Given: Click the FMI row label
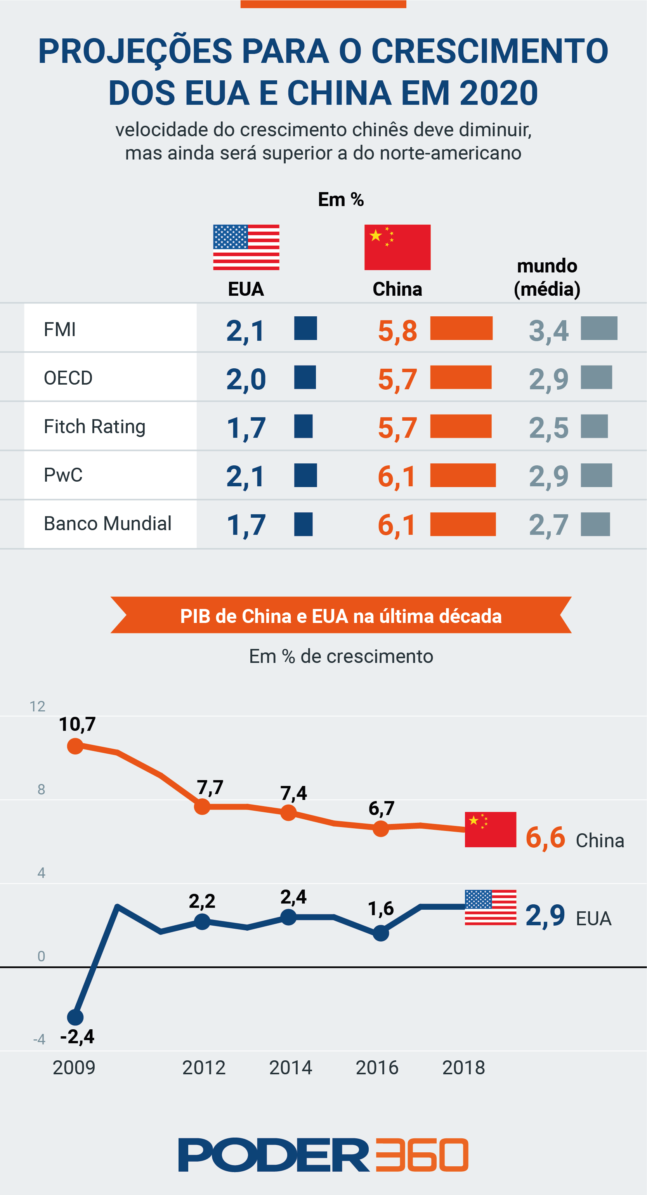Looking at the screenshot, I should pos(60,330).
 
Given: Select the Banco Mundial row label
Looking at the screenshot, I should pos(108,523).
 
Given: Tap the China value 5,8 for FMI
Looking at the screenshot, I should pos(397,331).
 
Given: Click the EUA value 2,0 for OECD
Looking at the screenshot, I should pos(246,379).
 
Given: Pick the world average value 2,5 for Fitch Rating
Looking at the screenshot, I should pos(549,427).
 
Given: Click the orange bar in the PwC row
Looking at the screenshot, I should pos(463,475).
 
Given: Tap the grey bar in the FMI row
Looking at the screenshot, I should pos(599,328).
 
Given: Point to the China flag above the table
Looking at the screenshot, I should pos(397,247).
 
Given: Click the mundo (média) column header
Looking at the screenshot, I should pos(547,278).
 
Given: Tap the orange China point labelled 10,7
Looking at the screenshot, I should pos(75,746).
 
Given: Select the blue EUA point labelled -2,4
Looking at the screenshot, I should pos(75,1017).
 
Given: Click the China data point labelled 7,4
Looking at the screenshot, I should pos(288,812).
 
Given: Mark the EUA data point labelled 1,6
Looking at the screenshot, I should pos(381,933).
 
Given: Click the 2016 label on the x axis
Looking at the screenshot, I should pos(377,1067).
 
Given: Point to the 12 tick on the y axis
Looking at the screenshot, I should pos(38,706).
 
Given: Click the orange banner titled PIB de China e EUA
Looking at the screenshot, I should pos(341,616).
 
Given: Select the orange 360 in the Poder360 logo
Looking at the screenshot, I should pos(421,1155).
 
